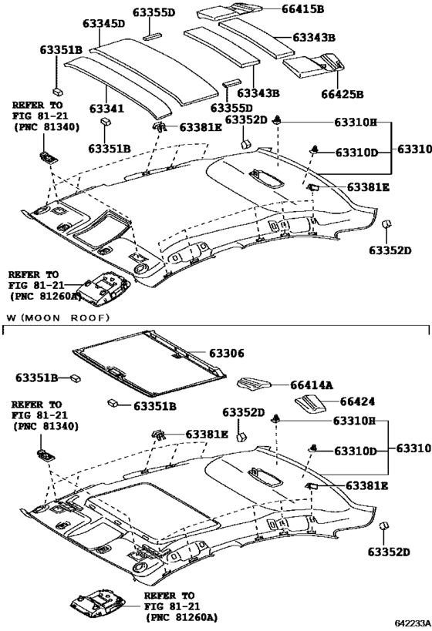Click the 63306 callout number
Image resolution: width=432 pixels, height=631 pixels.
(224, 353)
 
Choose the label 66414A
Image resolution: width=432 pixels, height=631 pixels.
(312, 385)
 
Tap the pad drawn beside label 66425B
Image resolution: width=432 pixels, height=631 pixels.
(312, 66)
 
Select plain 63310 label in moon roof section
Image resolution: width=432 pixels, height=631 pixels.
(414, 448)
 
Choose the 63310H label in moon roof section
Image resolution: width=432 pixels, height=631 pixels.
(355, 422)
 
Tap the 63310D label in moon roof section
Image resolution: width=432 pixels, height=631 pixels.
(355, 450)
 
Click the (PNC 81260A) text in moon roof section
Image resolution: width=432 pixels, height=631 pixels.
(181, 617)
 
